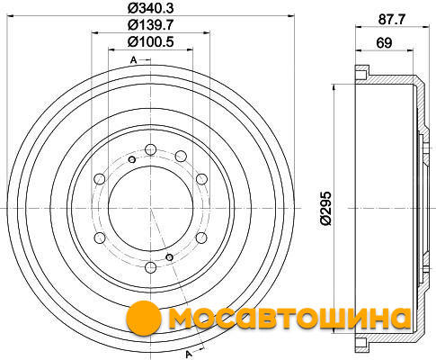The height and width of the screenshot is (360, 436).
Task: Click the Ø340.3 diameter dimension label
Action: pos(151,8)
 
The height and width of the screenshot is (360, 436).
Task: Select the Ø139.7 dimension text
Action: pos(151,25)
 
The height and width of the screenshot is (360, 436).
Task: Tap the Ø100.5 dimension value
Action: pos(151,41)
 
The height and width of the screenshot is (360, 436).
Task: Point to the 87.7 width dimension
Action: pos(392,20)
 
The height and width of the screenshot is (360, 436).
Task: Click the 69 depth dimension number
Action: pos(384,43)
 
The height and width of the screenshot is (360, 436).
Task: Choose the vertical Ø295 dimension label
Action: pos(326,208)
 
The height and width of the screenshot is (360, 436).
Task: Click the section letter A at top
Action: pos(133,60)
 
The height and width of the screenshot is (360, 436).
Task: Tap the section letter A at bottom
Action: pos(189,354)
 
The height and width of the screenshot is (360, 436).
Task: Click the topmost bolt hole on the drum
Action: pos(150,149)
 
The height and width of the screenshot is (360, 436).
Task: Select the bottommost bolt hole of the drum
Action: pos(150,266)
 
